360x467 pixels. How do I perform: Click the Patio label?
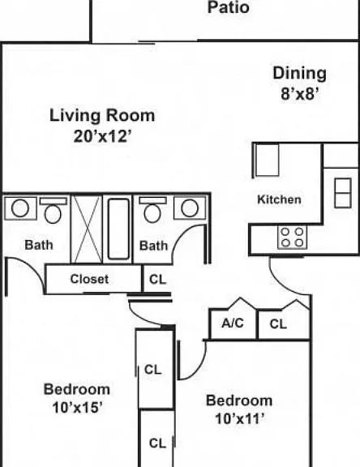point(228,7)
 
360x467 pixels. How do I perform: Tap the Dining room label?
point(299,74)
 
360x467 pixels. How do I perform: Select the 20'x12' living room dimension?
point(102,137)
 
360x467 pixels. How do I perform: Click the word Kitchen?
point(279,199)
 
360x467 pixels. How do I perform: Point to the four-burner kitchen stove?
point(292,237)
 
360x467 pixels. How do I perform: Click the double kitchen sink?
point(343,193)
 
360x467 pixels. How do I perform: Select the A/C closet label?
point(233,323)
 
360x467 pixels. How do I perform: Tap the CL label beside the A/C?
point(278,324)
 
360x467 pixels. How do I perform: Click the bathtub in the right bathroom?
point(118,229)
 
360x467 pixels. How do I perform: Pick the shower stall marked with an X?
point(87,229)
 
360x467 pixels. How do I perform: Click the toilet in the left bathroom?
point(53,210)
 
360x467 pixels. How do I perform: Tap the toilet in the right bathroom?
point(152,209)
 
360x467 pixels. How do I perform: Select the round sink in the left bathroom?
point(20,208)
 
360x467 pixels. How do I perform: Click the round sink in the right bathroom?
point(190,208)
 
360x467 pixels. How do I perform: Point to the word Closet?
point(89,279)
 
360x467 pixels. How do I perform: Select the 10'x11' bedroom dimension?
point(239,419)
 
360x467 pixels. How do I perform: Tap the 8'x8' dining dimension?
point(300,94)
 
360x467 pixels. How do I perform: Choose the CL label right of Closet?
point(157,280)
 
